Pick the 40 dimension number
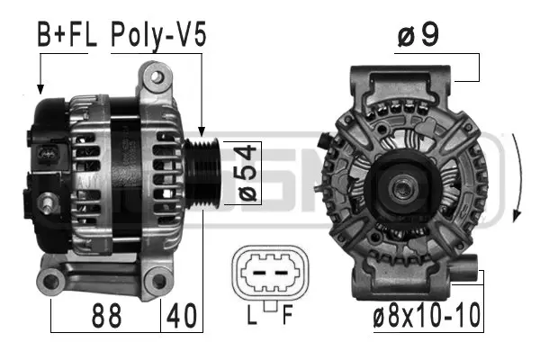[181, 317]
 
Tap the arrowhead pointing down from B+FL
[40, 90]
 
